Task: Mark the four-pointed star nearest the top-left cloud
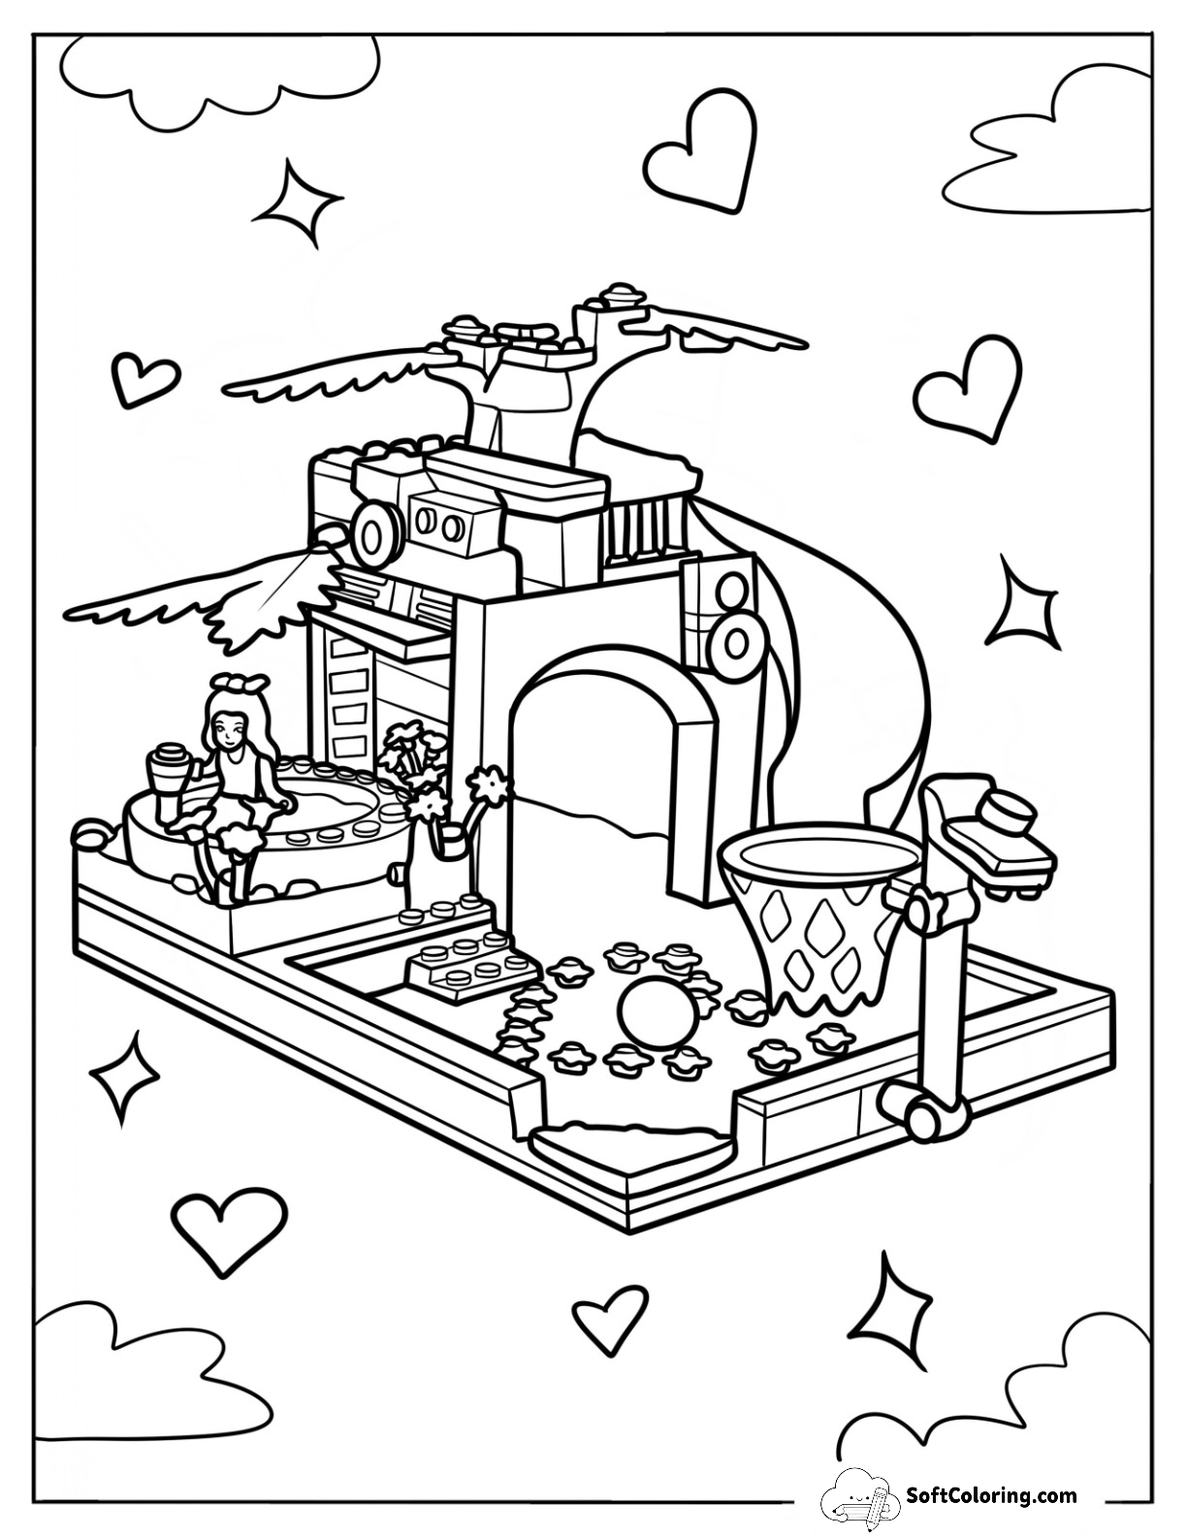click(297, 197)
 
